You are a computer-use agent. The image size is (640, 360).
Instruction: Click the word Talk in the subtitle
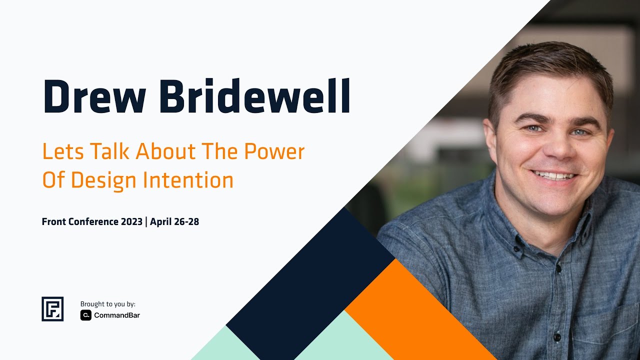pyautogui.click(x=106, y=151)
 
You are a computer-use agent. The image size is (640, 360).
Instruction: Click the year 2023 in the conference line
pyautogui.click(x=131, y=221)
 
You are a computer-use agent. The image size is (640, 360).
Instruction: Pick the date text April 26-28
pyautogui.click(x=174, y=221)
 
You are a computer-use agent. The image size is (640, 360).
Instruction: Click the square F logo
pyautogui.click(x=52, y=308)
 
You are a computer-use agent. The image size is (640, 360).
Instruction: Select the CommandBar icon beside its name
pyautogui.click(x=85, y=315)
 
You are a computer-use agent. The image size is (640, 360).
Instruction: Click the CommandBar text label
pyautogui.click(x=117, y=315)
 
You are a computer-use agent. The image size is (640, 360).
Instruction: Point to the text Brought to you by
pyautogui.click(x=108, y=304)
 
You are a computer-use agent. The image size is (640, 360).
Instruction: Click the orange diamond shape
pyautogui.click(x=410, y=310)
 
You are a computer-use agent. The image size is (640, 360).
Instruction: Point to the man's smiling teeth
pyautogui.click(x=553, y=175)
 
